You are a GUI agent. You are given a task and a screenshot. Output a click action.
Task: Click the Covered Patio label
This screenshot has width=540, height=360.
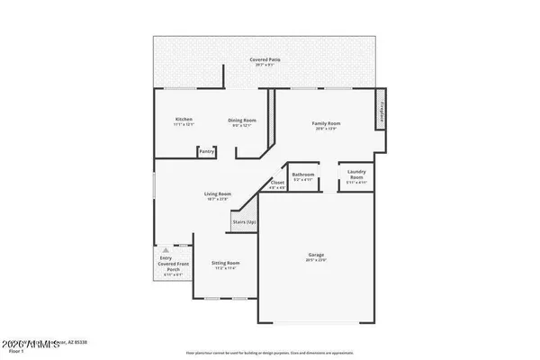point(265,59)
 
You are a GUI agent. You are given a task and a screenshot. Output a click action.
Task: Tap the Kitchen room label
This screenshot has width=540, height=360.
point(184,120)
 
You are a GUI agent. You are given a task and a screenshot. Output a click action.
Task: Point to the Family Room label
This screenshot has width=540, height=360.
point(327,123)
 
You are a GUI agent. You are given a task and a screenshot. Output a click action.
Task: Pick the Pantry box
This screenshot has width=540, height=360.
point(207,151)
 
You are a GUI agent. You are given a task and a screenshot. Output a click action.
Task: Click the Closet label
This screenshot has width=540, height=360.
point(278,183)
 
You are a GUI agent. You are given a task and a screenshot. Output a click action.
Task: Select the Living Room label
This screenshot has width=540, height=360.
point(218,193)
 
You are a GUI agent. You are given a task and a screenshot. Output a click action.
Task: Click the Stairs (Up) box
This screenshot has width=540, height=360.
point(244,220)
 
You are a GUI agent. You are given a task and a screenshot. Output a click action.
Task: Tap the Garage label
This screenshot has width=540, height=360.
point(316,255)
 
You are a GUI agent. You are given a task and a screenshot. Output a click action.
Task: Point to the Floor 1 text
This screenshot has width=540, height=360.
point(15,352)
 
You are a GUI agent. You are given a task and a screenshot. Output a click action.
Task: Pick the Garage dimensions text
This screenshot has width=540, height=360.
point(316,260)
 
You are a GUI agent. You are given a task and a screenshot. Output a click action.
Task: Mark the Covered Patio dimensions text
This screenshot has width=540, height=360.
point(265,65)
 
